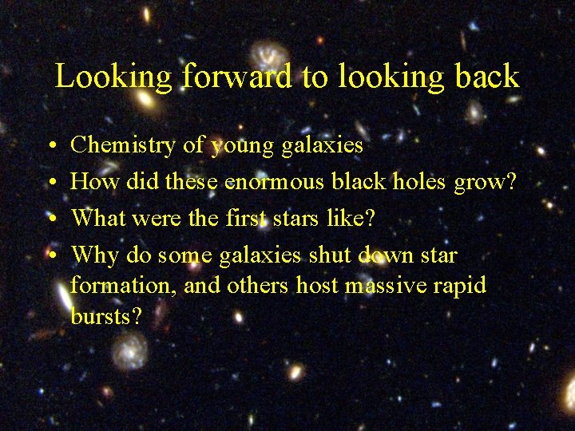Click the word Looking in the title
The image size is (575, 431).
[113, 77]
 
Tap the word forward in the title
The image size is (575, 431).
[237, 77]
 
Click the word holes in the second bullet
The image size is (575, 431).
[418, 182]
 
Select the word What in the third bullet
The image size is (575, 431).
[96, 218]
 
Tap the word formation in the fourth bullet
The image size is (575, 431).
[123, 286]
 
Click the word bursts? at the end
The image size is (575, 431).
[106, 316]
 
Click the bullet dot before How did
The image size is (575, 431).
[50, 183]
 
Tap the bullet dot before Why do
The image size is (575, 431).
[50, 256]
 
